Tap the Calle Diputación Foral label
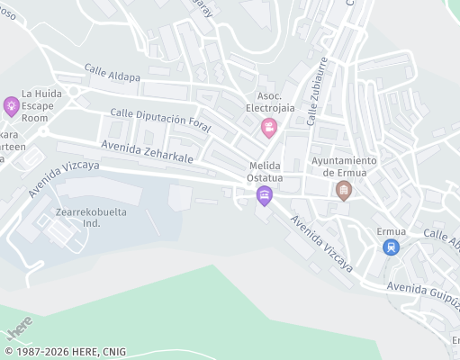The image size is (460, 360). (x=159, y=121)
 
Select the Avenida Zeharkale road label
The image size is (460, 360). (x=148, y=150)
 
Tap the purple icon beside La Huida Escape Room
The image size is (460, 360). (x=11, y=106)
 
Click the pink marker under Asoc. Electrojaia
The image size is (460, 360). (x=268, y=128)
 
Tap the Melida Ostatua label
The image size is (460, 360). (x=265, y=172)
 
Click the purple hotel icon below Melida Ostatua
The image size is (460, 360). (x=264, y=195)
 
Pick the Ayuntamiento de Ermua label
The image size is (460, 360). (x=344, y=166)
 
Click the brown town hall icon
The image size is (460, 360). (x=343, y=190)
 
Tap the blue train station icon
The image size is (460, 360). (x=390, y=246)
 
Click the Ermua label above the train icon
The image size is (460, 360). (x=391, y=231)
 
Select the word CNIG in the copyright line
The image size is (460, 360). (x=113, y=352)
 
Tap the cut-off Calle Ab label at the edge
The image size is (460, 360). (x=441, y=238)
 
